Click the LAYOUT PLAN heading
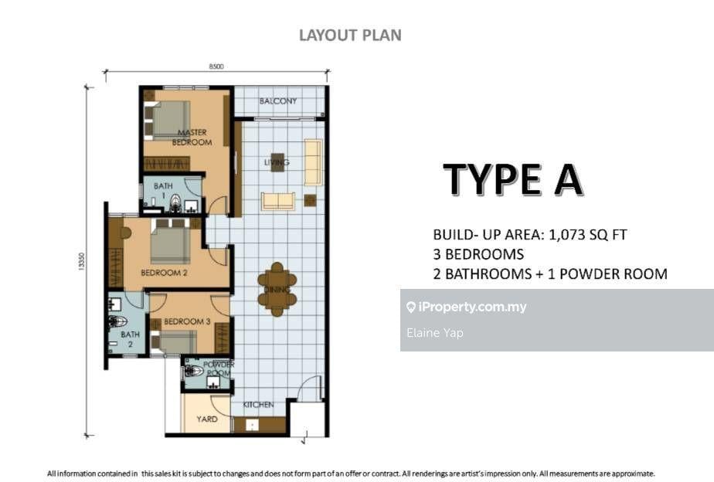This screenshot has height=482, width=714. [350, 36]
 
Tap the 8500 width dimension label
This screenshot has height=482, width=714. [216, 66]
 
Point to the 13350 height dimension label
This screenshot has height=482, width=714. [81, 262]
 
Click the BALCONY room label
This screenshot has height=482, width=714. [277, 101]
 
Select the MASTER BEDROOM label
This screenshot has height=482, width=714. [192, 137]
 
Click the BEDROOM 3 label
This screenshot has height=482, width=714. [187, 321]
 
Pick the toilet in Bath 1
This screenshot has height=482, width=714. [175, 203]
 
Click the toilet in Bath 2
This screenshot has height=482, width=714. [117, 321]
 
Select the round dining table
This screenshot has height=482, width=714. [277, 289]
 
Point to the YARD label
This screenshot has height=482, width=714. [207, 419]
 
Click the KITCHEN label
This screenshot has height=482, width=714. [258, 405]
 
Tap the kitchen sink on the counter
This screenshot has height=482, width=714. [252, 425]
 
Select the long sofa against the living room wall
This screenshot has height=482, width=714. [313, 162]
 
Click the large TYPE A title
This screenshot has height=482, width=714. [513, 179]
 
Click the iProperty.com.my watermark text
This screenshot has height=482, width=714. [472, 307]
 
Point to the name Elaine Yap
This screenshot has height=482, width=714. [435, 333]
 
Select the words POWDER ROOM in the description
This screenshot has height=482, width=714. [614, 274]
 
